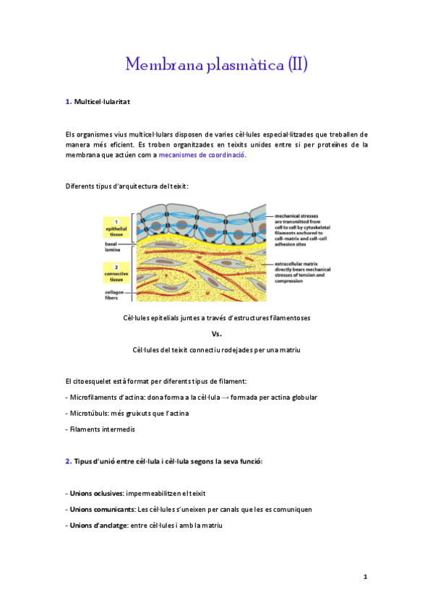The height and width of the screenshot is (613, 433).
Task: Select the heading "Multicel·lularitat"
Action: tap(102, 102)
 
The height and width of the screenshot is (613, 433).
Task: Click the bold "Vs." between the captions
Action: tap(216, 334)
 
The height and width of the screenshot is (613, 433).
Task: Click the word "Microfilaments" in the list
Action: tap(95, 398)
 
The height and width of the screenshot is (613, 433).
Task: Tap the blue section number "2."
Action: tap(68, 461)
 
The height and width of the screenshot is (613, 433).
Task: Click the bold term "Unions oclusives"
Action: tap(96, 493)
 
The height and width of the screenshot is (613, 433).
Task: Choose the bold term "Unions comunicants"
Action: tap(101, 509)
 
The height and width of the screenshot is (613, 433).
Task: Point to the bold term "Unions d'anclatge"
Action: tap(97, 525)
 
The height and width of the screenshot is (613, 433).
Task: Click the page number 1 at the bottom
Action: tap(366, 577)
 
